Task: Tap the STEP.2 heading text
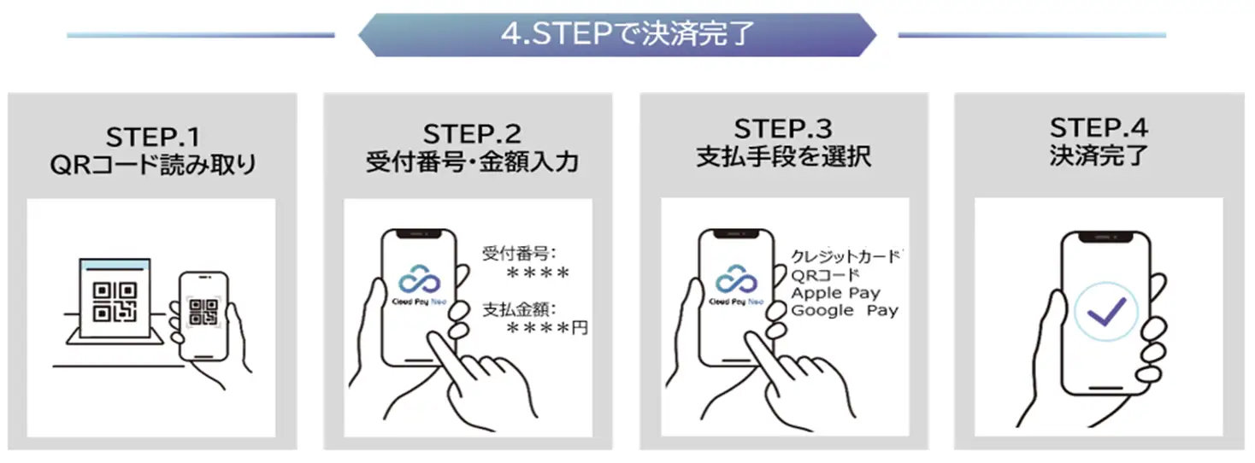pyautogui.click(x=471, y=134)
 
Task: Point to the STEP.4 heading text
pyautogui.click(x=1099, y=128)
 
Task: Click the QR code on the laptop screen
pyautogui.click(x=114, y=302)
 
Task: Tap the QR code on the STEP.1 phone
pyautogui.click(x=203, y=313)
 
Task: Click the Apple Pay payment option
pyautogui.click(x=834, y=293)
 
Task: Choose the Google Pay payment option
pyautogui.click(x=844, y=311)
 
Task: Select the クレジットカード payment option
pyautogui.click(x=846, y=256)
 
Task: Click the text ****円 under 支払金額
pyautogui.click(x=547, y=328)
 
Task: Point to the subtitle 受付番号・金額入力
pyautogui.click(x=471, y=162)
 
